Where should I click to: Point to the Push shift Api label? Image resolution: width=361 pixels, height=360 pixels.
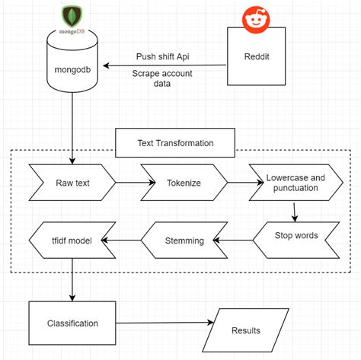tap(164, 56)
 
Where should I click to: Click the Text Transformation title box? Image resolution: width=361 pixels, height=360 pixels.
tap(175, 142)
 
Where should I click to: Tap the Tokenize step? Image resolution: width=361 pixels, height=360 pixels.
tap(183, 183)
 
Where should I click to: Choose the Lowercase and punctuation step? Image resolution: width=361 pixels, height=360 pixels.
tap(295, 183)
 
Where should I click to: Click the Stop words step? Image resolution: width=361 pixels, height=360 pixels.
tap(296, 235)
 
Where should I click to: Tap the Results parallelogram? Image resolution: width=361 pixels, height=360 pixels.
tap(245, 330)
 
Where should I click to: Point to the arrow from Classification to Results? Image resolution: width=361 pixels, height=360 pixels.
tap(164, 323)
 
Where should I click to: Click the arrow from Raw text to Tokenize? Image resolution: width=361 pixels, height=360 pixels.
tap(129, 183)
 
